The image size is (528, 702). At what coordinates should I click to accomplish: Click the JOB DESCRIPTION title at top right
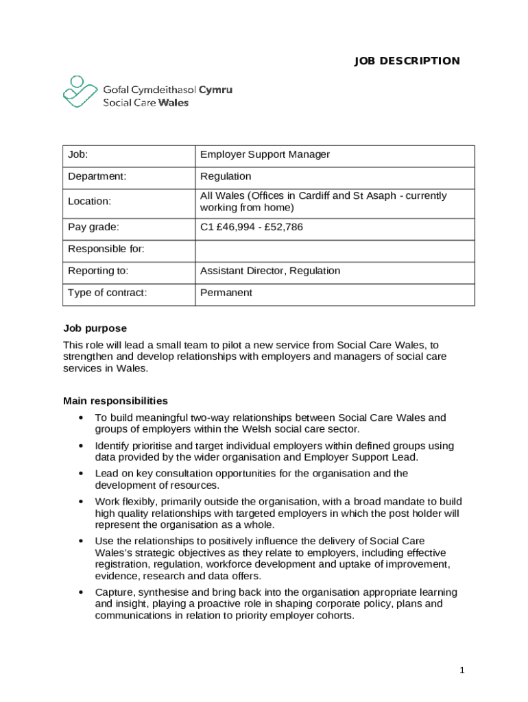(407, 61)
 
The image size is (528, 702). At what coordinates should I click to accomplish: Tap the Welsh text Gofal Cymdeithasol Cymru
(167, 90)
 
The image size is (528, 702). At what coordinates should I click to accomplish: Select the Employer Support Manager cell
(265, 154)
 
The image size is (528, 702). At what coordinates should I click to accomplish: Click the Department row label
(97, 176)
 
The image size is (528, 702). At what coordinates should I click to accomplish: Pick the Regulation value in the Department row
(226, 176)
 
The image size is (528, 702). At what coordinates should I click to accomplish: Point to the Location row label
(89, 201)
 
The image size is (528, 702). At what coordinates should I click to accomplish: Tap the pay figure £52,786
(283, 227)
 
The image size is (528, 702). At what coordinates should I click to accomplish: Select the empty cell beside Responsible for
(334, 249)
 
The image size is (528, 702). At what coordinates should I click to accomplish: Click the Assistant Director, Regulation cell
(269, 271)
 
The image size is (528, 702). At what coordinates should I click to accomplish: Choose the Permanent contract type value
(226, 293)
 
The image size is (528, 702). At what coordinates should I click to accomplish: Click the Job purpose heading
(95, 328)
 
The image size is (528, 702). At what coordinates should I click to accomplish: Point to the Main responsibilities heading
(115, 400)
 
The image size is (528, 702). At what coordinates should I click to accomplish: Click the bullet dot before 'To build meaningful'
(81, 418)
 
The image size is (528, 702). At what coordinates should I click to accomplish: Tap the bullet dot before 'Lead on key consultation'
(81, 474)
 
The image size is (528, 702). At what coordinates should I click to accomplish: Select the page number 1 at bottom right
(462, 670)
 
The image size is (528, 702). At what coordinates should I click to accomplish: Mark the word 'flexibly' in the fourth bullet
(139, 501)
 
